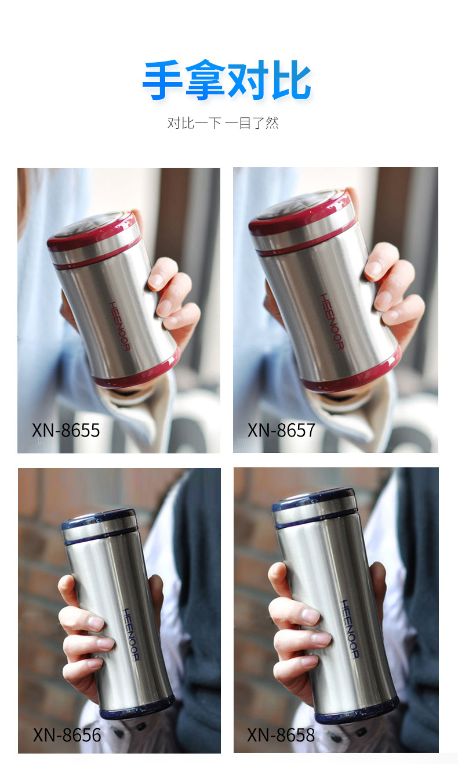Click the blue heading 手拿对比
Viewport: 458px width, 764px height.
227,80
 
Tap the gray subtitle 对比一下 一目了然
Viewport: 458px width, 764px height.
223,123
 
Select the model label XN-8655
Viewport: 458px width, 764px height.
66,430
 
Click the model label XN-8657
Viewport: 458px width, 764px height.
281,430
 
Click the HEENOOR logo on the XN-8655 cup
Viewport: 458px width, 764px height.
119,326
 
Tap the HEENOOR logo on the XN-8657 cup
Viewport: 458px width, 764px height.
332,321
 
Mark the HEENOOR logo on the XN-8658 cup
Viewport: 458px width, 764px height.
350,629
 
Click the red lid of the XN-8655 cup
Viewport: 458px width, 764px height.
92,232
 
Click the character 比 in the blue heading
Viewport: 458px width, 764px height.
291,80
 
